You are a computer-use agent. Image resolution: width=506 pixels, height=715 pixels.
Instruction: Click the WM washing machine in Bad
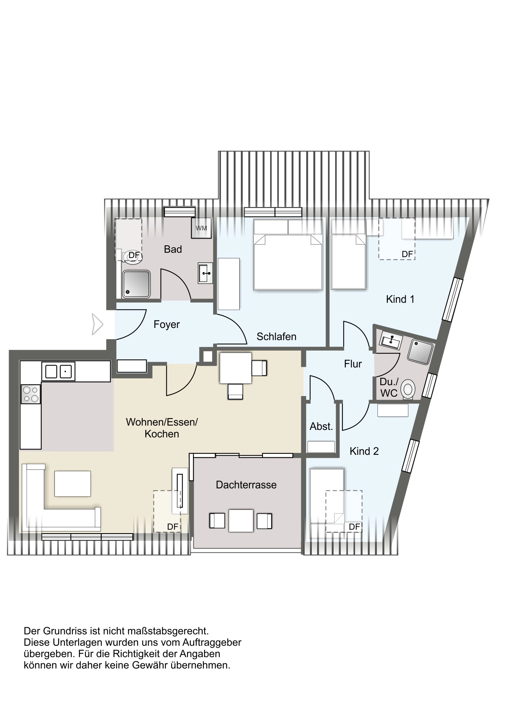point(201,228)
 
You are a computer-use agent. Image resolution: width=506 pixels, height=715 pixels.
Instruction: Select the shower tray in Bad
point(136,284)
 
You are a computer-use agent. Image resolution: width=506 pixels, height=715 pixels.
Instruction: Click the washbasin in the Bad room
point(205,273)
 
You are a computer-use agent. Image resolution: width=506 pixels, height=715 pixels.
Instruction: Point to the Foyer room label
point(166,325)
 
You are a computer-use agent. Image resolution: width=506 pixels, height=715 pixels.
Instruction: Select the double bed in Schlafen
point(288,255)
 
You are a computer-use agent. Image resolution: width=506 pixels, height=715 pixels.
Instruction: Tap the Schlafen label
point(276,336)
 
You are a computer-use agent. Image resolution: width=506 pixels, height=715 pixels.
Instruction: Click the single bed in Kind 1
point(348,254)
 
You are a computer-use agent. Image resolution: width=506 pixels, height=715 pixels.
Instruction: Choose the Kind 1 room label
point(400,299)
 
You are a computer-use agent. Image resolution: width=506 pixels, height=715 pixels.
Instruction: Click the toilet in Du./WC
point(408,389)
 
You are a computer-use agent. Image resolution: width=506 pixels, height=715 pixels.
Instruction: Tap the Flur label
point(353,364)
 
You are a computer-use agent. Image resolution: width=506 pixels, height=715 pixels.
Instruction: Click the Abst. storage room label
point(321,426)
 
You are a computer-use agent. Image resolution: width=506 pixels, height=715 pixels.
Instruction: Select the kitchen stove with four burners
point(30,394)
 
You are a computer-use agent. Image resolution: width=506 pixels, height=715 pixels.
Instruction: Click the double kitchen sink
point(58,371)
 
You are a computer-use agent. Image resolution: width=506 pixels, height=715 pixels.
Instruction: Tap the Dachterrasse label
point(246,485)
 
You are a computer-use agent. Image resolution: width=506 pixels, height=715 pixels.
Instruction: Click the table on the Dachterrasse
point(241,521)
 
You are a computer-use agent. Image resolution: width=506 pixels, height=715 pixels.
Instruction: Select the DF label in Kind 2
point(354,527)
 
